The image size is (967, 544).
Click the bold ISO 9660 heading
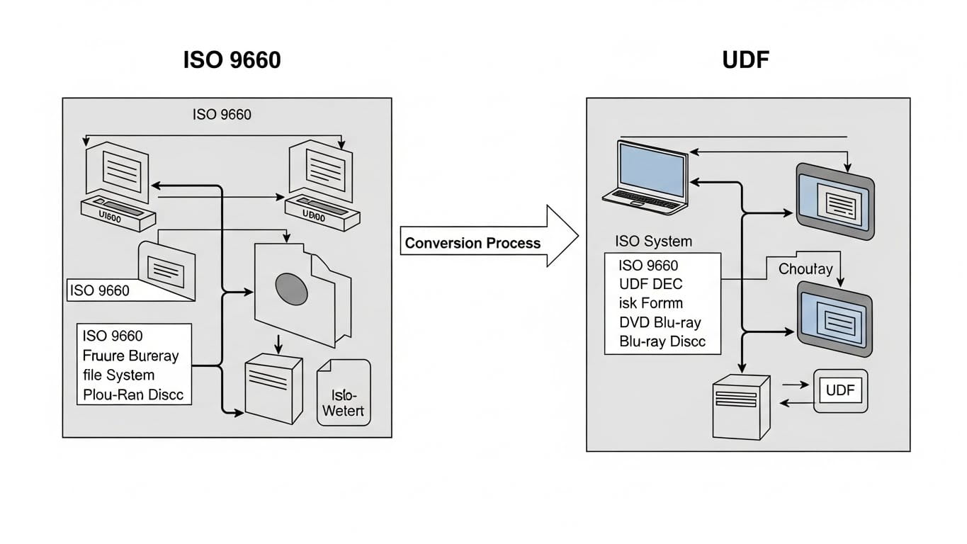click(x=232, y=59)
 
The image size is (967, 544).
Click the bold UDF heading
click(x=745, y=59)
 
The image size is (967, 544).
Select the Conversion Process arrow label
click(x=473, y=244)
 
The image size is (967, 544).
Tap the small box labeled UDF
click(x=840, y=390)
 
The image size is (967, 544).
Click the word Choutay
click(x=805, y=269)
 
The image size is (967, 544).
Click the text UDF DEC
click(x=650, y=284)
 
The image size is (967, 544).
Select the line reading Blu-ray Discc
click(x=662, y=341)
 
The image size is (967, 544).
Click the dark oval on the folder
click(x=291, y=287)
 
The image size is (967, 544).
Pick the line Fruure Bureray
click(x=130, y=356)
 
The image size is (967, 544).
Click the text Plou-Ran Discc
click(x=133, y=395)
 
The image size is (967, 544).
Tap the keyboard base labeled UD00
click(x=320, y=215)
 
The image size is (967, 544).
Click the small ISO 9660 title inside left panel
click(x=222, y=114)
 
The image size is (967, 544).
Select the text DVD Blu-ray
click(x=660, y=322)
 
